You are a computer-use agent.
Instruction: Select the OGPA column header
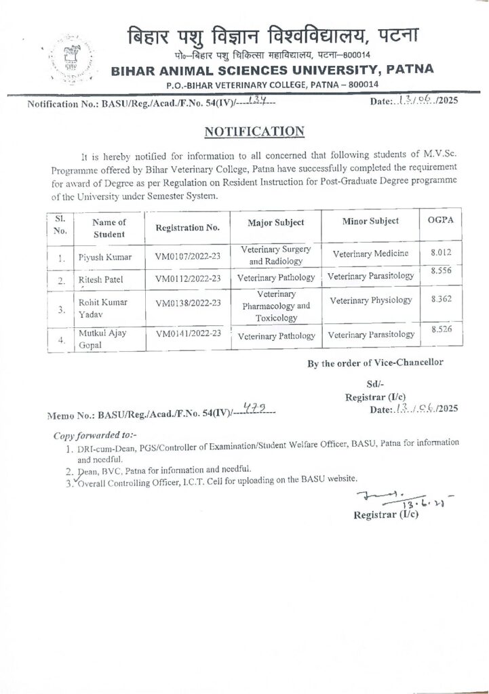[x=436, y=221]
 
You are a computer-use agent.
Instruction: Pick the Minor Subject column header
[x=370, y=222]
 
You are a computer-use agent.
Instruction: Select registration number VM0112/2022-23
[x=187, y=278]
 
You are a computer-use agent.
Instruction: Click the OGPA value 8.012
[x=437, y=252]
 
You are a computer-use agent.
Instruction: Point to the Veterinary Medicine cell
[x=370, y=253]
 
